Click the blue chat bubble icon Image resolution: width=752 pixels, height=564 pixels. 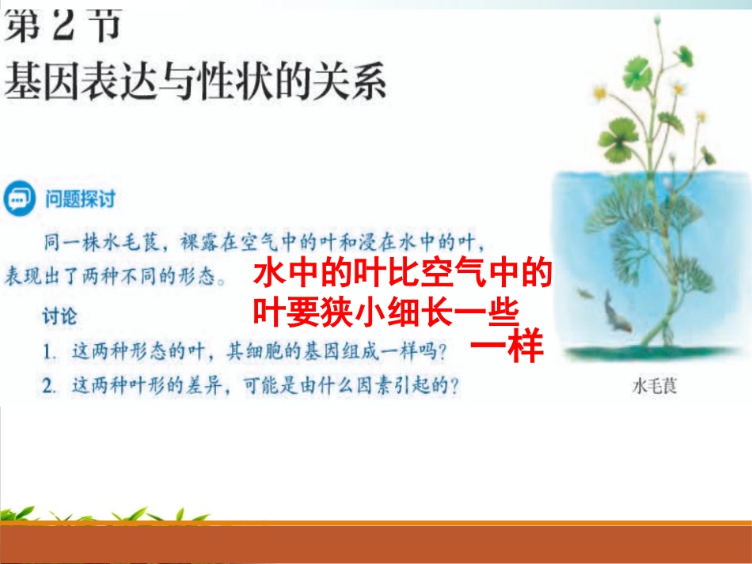[19, 198]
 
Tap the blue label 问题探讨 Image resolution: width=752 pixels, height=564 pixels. [80, 199]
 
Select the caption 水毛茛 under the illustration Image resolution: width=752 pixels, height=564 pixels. [655, 386]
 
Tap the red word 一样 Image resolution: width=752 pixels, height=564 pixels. [507, 345]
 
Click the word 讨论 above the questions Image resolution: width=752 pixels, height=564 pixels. [59, 316]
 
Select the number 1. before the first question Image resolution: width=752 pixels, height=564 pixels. [49, 352]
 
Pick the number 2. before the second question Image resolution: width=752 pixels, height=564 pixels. [49, 386]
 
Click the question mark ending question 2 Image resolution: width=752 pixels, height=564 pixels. [454, 385]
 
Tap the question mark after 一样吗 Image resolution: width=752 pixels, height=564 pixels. [442, 352]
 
